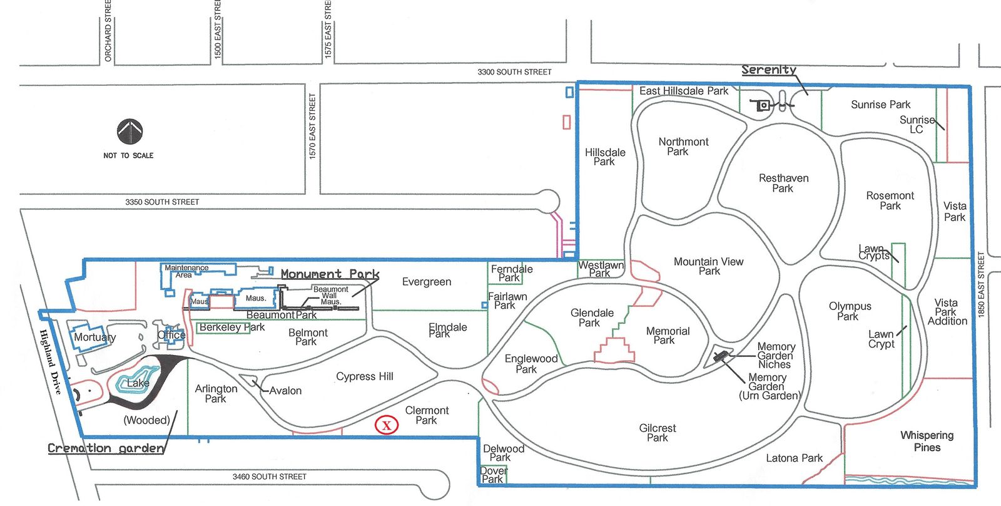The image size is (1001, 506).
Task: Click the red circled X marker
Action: (387, 425)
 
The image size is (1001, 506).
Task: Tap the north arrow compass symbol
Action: (130, 132)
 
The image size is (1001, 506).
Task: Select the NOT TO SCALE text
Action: (128, 156)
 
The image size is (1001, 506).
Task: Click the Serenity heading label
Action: (769, 70)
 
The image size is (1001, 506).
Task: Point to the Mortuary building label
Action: (94, 337)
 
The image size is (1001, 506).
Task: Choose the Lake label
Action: (138, 383)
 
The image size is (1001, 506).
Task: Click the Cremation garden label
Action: (106, 448)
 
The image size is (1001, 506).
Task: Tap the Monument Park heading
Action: (330, 274)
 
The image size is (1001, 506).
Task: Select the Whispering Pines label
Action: (927, 441)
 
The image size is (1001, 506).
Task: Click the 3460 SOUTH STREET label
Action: (270, 477)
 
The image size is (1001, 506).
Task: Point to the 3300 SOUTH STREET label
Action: (514, 72)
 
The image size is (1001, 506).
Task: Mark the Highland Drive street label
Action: (50, 361)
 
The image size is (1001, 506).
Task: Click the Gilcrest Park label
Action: (658, 433)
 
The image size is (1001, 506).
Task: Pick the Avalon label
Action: (285, 391)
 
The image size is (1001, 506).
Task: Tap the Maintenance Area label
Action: (186, 271)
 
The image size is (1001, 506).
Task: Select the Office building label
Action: (171, 334)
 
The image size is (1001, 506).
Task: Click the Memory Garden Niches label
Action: (776, 355)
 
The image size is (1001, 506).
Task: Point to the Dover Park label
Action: (494, 475)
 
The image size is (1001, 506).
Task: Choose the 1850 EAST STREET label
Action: (982, 284)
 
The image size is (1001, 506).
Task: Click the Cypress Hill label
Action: (365, 377)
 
